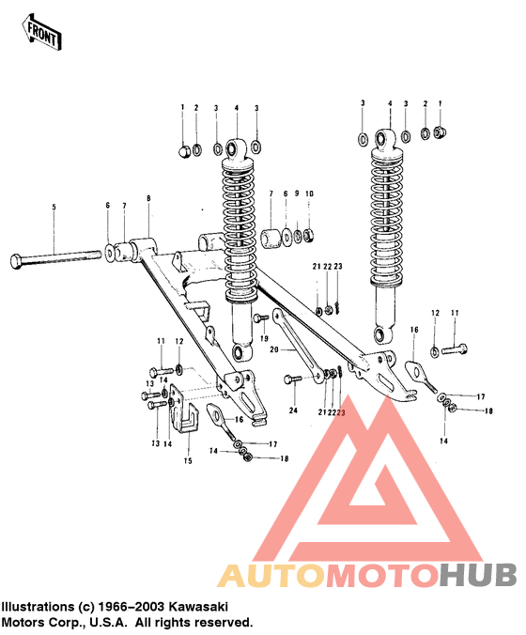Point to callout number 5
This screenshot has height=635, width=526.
pyautogui.click(x=54, y=207)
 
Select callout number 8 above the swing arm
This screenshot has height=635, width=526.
pyautogui.click(x=148, y=198)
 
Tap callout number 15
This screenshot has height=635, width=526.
pyautogui.click(x=187, y=460)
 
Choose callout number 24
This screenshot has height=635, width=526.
pyautogui.click(x=293, y=410)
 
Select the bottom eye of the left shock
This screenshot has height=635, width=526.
pyautogui.click(x=242, y=352)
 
